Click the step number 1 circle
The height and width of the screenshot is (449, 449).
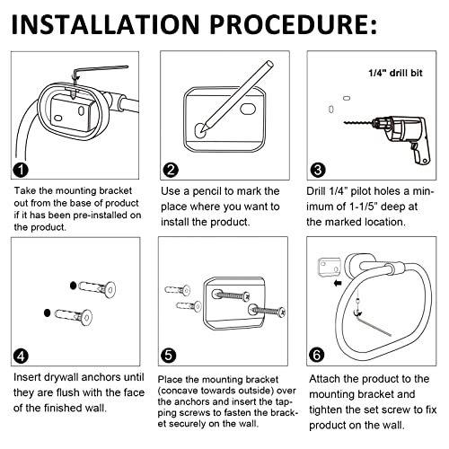[x=21, y=170]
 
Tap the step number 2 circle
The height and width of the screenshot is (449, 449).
[x=171, y=170]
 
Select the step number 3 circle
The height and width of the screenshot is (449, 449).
[x=318, y=170]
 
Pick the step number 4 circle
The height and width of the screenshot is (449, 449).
[x=21, y=356]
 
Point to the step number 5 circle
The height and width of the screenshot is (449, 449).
[x=168, y=356]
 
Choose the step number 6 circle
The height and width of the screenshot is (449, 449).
[x=316, y=356]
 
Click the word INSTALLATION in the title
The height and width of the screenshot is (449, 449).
[x=105, y=24]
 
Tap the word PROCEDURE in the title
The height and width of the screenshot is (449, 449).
[x=289, y=24]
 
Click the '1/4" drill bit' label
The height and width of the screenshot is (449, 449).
[x=395, y=73]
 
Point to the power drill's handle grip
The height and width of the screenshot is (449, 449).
[x=421, y=154]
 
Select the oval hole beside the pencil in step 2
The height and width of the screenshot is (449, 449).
[x=248, y=110]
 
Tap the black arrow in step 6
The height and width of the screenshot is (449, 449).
[x=338, y=283]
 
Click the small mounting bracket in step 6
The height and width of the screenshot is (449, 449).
[x=329, y=267]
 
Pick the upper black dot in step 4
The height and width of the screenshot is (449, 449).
[x=73, y=286]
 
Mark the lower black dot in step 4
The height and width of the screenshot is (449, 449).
[x=47, y=313]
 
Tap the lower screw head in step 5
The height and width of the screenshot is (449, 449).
[x=282, y=313]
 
